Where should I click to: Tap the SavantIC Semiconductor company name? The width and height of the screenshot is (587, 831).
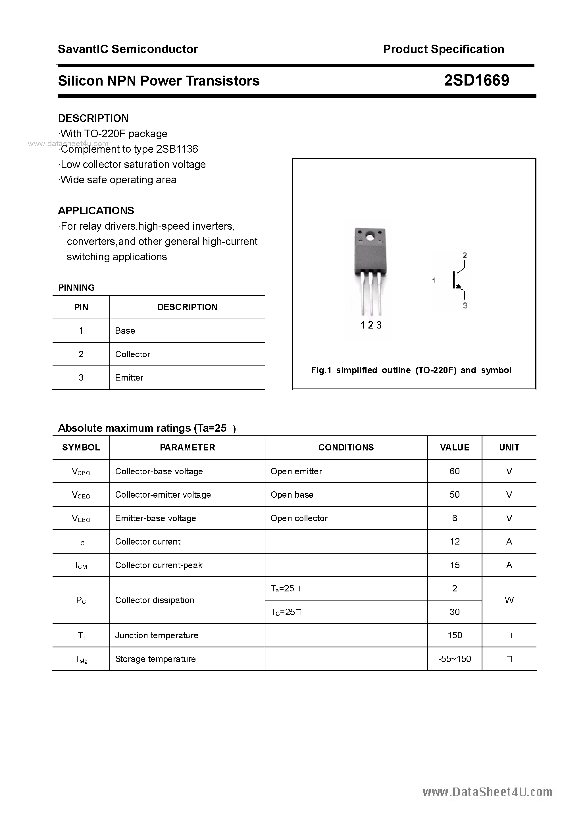(x=128, y=49)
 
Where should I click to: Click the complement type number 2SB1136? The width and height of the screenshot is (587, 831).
(x=177, y=149)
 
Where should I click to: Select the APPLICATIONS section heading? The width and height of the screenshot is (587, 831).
(x=96, y=211)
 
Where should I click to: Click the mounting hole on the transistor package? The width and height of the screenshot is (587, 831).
(x=369, y=238)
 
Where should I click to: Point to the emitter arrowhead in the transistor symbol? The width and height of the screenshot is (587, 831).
(x=459, y=286)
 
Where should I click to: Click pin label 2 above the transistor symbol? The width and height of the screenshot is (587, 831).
(x=465, y=255)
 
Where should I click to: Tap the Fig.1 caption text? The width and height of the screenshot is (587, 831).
(x=411, y=370)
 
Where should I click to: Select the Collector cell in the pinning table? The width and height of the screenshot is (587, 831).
(x=132, y=354)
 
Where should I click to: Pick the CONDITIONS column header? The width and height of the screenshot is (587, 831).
(x=346, y=448)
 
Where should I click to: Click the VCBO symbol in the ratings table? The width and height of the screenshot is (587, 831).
(x=81, y=471)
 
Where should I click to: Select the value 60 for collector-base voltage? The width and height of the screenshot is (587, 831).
(x=455, y=471)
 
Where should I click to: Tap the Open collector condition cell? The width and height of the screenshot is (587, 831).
(x=299, y=518)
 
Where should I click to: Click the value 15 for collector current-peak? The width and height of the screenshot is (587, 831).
(x=455, y=565)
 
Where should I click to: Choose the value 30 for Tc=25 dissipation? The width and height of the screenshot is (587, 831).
(x=455, y=612)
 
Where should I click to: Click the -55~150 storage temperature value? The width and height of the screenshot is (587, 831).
(x=455, y=659)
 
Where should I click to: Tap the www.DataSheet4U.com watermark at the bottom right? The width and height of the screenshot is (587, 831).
(x=488, y=793)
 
